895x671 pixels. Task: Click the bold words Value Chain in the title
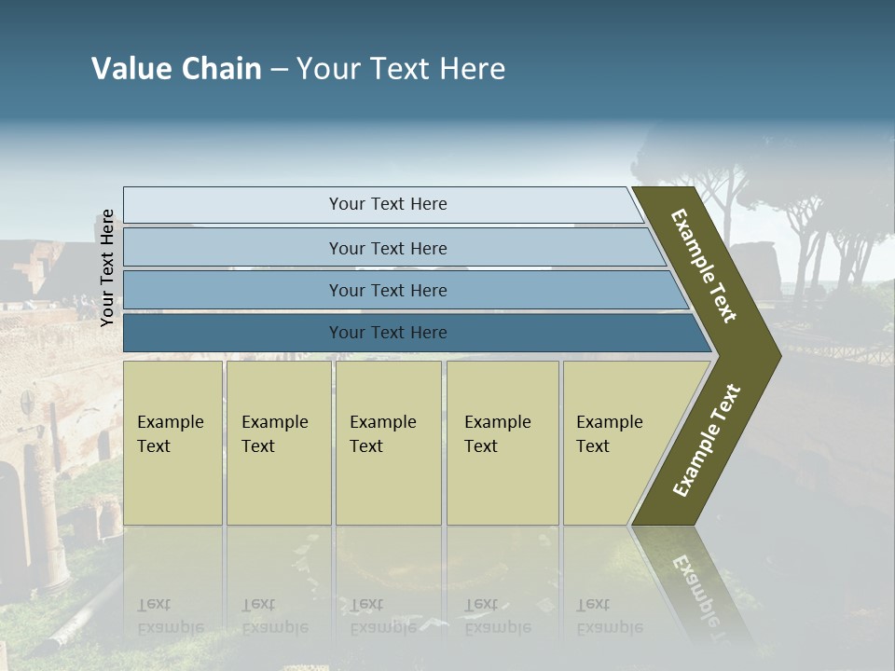click(176, 69)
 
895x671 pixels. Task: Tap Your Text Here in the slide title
click(401, 69)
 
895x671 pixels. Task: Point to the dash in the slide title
click(279, 70)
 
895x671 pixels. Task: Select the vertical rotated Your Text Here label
click(108, 267)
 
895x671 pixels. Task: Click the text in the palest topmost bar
click(388, 204)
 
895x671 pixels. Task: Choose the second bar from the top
click(388, 248)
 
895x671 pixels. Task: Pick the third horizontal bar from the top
click(388, 290)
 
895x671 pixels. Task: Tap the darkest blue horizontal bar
click(388, 333)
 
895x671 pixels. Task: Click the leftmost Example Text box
click(172, 442)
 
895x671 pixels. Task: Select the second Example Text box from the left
click(278, 442)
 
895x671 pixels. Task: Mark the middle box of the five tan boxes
click(387, 442)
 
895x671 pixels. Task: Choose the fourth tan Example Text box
click(502, 442)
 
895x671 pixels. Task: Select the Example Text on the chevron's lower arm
click(707, 441)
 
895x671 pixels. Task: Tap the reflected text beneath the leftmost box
click(171, 616)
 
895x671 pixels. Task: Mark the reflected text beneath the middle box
click(382, 616)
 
